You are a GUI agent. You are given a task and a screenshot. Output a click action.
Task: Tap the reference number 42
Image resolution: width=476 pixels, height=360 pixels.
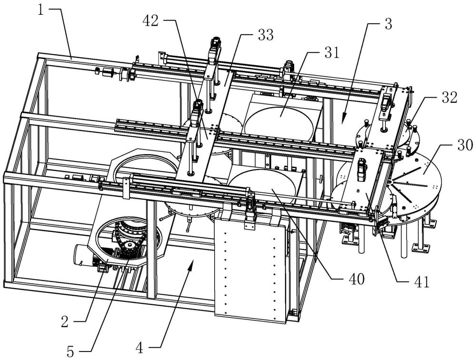[151, 20]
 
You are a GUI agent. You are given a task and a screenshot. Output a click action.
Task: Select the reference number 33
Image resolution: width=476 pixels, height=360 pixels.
[266, 36]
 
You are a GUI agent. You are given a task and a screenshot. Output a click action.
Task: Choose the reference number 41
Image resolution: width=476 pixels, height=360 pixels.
[422, 282]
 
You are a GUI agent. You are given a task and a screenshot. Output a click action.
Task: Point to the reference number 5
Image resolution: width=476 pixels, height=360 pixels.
[70, 352]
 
